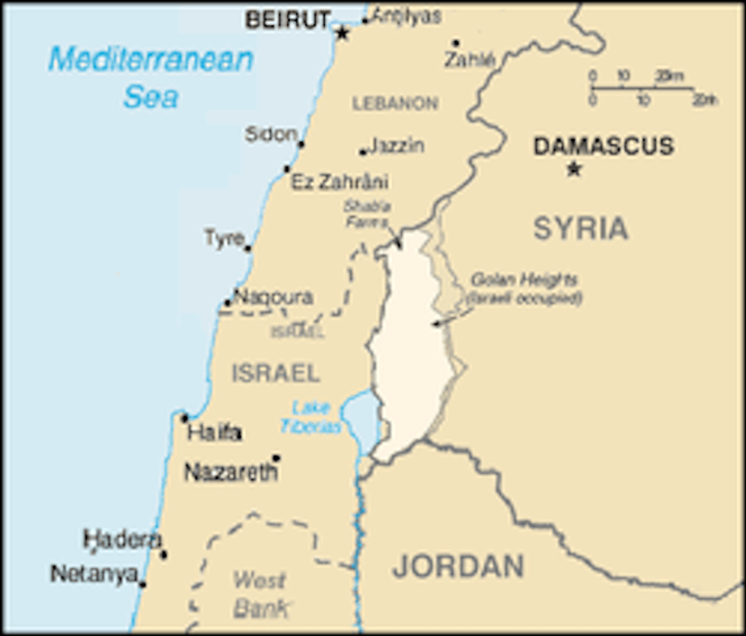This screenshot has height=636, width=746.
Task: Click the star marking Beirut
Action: point(343,33)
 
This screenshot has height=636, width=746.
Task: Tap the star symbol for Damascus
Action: point(574,169)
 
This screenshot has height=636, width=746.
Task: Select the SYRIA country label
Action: point(581,228)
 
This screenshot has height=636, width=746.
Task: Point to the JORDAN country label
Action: point(458,567)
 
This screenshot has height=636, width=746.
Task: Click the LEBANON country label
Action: point(395,103)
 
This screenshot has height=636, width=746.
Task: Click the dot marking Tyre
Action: point(247,248)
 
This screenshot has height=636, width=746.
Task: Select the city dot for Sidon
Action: point(301,144)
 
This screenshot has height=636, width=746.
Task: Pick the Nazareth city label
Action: point(231,473)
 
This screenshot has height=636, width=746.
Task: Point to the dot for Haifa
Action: point(184,418)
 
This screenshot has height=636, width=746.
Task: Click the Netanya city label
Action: point(94,574)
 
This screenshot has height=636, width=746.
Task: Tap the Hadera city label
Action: point(122,540)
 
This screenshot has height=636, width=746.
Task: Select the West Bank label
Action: point(260,594)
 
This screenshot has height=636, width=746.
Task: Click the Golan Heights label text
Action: point(524,288)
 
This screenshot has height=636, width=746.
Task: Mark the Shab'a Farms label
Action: point(366,214)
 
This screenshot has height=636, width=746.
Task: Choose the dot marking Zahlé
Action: point(455,43)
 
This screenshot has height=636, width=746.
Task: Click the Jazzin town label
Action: point(397,145)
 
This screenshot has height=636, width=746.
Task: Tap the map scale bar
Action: point(643,88)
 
